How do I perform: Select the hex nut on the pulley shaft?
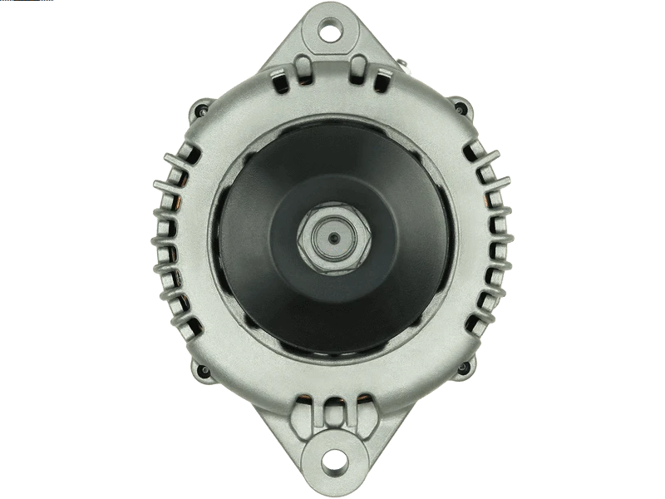[332, 238]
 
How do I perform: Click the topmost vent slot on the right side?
[475, 150]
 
